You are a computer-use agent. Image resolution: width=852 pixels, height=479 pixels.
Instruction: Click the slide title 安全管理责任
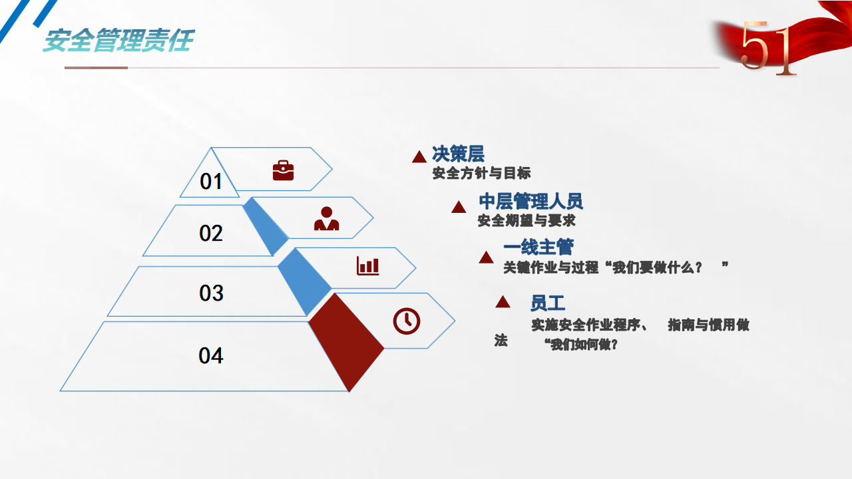tap(118, 41)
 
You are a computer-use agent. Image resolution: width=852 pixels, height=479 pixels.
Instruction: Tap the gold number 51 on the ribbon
tap(768, 48)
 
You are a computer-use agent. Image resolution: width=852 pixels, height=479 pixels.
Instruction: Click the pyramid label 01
tap(211, 182)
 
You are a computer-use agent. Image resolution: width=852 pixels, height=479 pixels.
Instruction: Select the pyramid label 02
tap(211, 233)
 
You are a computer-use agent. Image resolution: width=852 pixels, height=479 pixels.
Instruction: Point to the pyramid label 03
tap(211, 293)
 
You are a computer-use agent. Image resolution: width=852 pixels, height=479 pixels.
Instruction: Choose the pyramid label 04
tap(211, 356)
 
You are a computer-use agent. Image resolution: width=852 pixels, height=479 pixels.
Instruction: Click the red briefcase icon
tap(284, 170)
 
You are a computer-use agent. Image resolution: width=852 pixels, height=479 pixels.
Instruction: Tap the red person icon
tap(326, 219)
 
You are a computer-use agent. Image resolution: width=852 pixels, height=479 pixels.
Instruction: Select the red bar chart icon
tap(368, 265)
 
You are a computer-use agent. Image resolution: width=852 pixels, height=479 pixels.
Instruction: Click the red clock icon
tap(407, 321)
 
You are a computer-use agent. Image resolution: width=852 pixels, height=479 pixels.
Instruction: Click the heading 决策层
tap(458, 154)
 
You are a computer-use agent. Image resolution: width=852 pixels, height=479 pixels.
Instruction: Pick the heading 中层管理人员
tap(531, 201)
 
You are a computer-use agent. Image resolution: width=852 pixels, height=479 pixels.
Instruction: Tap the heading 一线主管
tap(538, 247)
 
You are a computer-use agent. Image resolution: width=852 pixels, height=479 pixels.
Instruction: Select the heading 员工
tap(548, 303)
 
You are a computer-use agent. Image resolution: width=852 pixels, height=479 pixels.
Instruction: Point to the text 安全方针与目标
tap(481, 174)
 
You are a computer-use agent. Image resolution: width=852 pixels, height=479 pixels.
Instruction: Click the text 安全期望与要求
tap(527, 220)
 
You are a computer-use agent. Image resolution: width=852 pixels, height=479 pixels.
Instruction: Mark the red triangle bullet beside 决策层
tap(419, 156)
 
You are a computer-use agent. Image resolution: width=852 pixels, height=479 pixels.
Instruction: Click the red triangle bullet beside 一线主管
tap(486, 257)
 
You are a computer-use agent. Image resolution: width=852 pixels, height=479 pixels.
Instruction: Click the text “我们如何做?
tap(580, 345)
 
